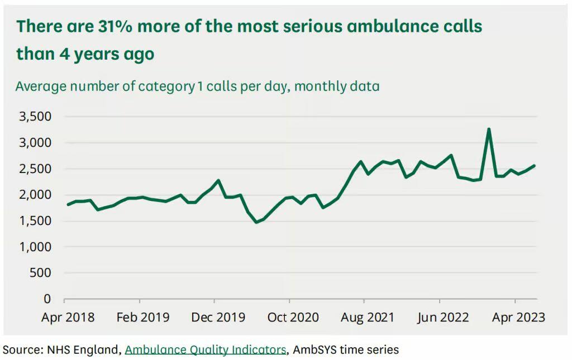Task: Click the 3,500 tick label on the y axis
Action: pyautogui.click(x=35, y=117)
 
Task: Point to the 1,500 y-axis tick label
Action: pyautogui.click(x=35, y=221)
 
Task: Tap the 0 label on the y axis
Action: pyautogui.click(x=47, y=299)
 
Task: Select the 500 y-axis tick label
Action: pyautogui.click(x=40, y=273)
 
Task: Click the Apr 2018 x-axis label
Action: pyautogui.click(x=68, y=318)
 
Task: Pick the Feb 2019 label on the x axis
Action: pyautogui.click(x=143, y=318)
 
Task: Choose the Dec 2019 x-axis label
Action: pyautogui.click(x=218, y=318)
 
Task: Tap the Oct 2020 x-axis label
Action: pyautogui.click(x=293, y=318)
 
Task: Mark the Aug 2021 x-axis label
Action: pyautogui.click(x=368, y=318)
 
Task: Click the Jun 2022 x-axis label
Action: pyautogui.click(x=443, y=318)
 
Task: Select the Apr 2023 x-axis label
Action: pyautogui.click(x=518, y=318)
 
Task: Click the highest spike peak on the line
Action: pyautogui.click(x=489, y=129)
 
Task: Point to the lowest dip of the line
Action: pyautogui.click(x=256, y=222)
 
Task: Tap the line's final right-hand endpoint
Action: pyautogui.click(x=535, y=165)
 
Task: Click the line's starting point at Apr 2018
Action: pyautogui.click(x=68, y=204)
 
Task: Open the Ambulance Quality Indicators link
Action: pyautogui.click(x=205, y=350)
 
